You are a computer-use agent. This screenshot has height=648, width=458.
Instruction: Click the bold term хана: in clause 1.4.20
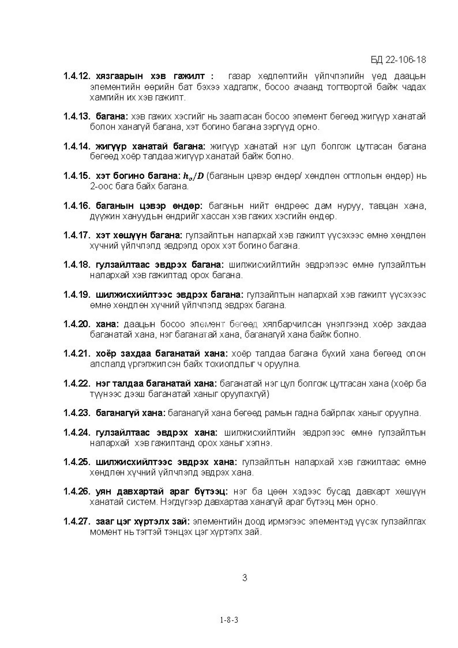[x=108, y=324]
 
